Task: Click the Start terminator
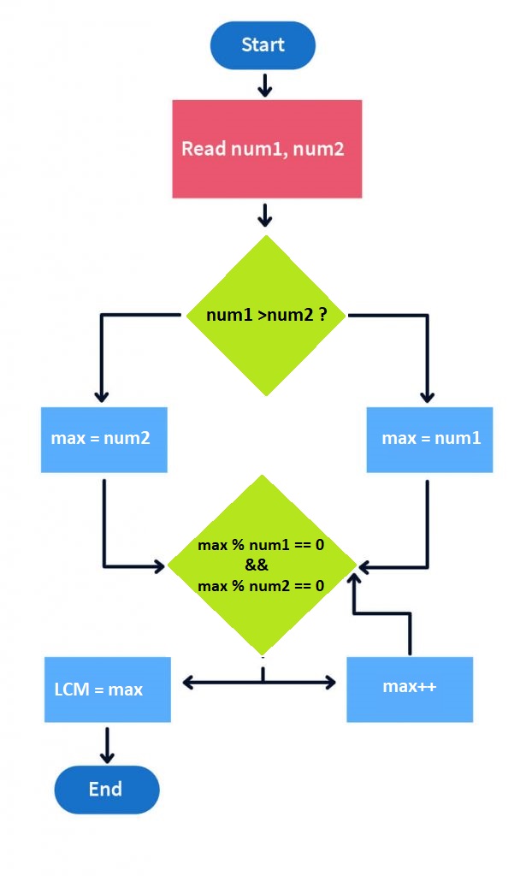pyautogui.click(x=263, y=45)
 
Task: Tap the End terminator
pyautogui.click(x=106, y=789)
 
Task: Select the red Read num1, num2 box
pyautogui.click(x=267, y=149)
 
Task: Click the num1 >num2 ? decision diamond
pyautogui.click(x=266, y=315)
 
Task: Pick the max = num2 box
pyautogui.click(x=103, y=440)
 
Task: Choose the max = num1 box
pyautogui.click(x=429, y=440)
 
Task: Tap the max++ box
pyautogui.click(x=409, y=689)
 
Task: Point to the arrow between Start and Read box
pyautogui.click(x=264, y=85)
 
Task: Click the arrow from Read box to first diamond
pyautogui.click(x=265, y=215)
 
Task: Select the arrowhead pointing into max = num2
pyautogui.click(x=101, y=395)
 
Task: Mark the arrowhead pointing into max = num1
pyautogui.click(x=427, y=395)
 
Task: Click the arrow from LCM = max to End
pyautogui.click(x=107, y=744)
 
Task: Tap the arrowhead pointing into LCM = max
pyautogui.click(x=188, y=682)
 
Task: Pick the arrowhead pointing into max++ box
pyautogui.click(x=331, y=682)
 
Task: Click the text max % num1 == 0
pyautogui.click(x=261, y=545)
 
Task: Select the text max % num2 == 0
pyautogui.click(x=261, y=586)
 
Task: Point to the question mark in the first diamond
pyautogui.click(x=323, y=315)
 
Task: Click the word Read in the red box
pyautogui.click(x=204, y=149)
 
